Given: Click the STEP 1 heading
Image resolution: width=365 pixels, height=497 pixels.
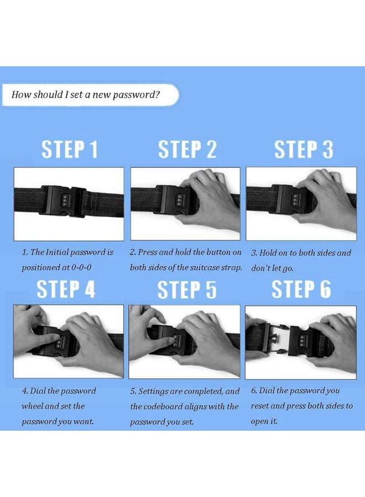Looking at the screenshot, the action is [x=70, y=149].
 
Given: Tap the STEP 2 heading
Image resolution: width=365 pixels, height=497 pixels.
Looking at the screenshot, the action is [x=187, y=149].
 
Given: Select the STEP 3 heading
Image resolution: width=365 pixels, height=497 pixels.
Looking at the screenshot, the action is [x=304, y=149].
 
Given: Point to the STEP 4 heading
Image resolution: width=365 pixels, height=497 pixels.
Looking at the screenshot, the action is [x=66, y=289].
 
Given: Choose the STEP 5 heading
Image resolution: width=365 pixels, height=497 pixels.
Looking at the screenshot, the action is [x=187, y=289].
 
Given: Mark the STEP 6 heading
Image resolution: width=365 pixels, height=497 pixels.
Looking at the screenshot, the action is [x=301, y=289].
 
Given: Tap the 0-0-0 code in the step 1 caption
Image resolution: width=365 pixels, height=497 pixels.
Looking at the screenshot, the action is [x=81, y=267].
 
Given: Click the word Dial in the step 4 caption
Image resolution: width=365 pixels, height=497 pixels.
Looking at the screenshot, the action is [x=38, y=391].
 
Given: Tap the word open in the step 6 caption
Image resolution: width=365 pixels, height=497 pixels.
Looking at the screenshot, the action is [x=259, y=421].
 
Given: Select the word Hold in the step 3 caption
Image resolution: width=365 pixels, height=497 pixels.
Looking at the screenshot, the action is [x=267, y=253].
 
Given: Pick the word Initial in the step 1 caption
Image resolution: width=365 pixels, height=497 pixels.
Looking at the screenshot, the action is [x=57, y=252].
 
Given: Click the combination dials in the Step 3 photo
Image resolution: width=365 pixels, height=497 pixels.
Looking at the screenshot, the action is [x=295, y=200].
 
